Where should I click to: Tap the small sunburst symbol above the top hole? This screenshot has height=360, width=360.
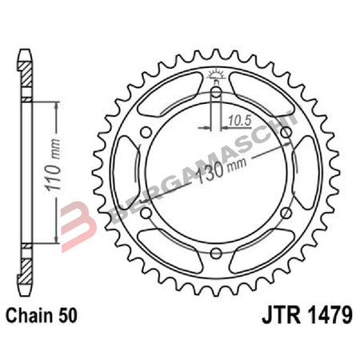coord(215,75)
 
